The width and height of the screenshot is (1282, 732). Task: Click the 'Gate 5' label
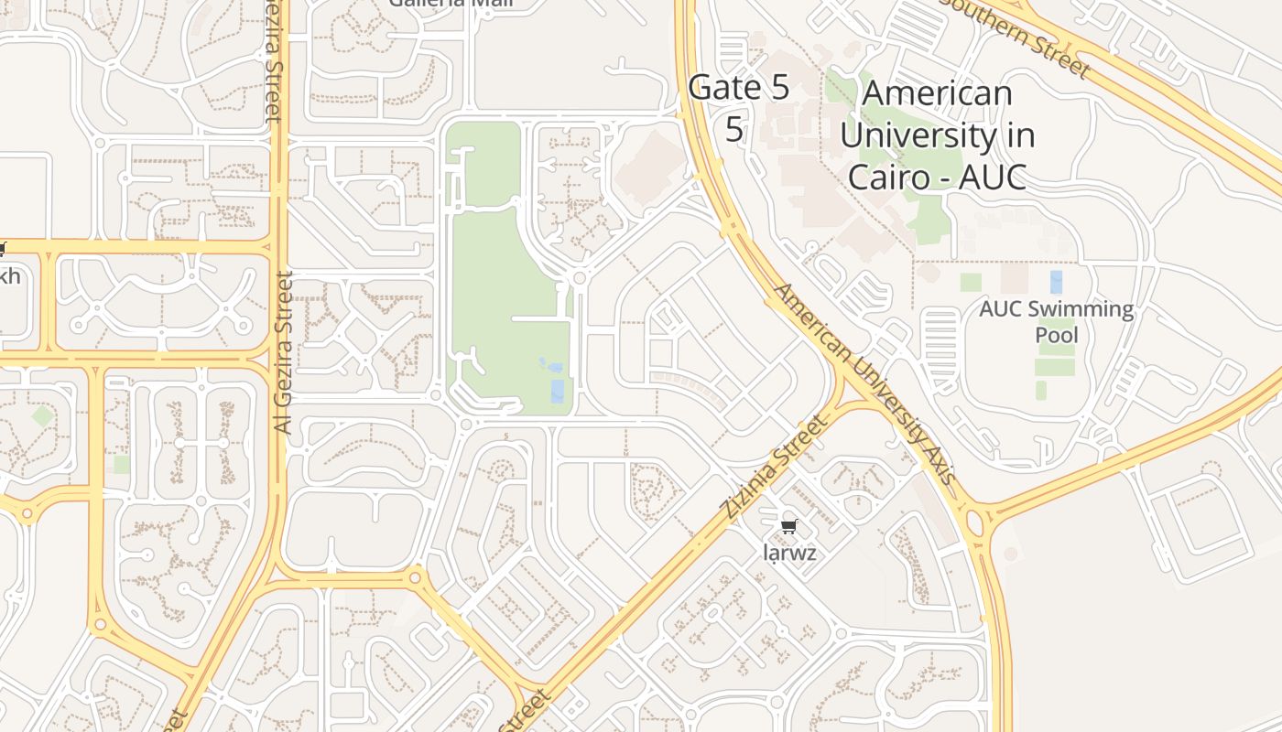[x=738, y=88]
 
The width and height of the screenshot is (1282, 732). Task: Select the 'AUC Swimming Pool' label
[x=1056, y=321]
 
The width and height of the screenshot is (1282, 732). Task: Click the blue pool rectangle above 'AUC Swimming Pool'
[x=1057, y=281]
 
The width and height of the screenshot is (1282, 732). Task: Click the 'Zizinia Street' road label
[x=774, y=468]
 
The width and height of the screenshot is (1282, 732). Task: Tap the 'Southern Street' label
[x=1016, y=35]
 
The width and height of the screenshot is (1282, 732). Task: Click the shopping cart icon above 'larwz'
[x=788, y=526]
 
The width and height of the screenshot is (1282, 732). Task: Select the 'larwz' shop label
[x=788, y=553]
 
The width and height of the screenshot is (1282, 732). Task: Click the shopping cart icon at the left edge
[x=3, y=249]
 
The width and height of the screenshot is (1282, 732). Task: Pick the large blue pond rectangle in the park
[x=559, y=391]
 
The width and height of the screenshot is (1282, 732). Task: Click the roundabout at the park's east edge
[x=579, y=277]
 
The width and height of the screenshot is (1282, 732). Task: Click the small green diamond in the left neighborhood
[x=42, y=416]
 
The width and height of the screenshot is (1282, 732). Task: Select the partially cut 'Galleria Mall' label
[x=451, y=4]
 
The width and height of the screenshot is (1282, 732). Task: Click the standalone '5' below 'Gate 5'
[x=734, y=129]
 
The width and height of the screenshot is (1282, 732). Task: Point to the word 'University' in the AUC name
[x=937, y=135]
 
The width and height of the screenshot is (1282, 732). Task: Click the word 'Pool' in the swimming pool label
[x=1056, y=335]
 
